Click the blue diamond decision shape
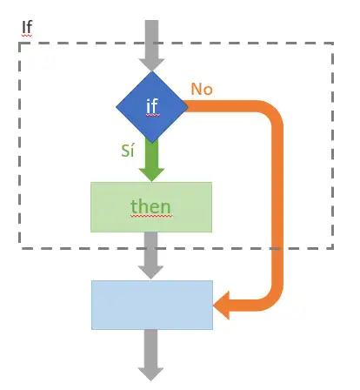tap(152, 107)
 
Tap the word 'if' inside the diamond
tap(152, 106)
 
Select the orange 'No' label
tap(202, 89)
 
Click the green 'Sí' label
tap(128, 151)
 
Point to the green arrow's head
tap(151, 175)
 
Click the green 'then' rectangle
tap(151, 207)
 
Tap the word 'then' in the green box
tap(150, 206)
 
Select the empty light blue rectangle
tap(152, 305)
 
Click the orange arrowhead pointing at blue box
tap(222, 306)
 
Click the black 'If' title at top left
tap(27, 27)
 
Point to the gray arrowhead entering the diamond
tap(151, 64)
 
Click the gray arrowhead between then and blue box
tap(150, 272)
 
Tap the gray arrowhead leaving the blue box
tap(150, 374)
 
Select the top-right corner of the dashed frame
tap(333, 44)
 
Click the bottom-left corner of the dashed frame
tap(20, 248)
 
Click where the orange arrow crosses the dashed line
tap(277, 248)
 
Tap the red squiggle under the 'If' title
tap(27, 36)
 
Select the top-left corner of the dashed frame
tap(20, 44)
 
